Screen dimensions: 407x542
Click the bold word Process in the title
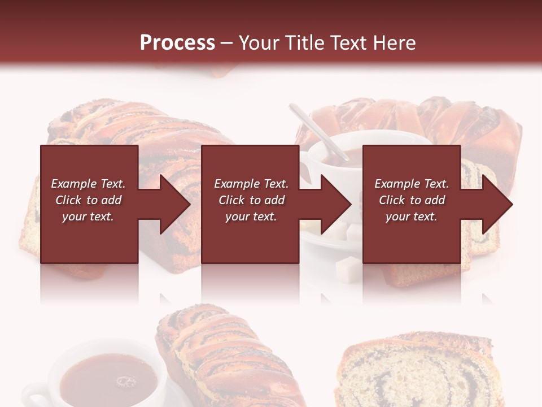coord(177,43)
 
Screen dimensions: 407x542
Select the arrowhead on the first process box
coord(175,204)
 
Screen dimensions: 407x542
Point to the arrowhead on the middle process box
coord(336,204)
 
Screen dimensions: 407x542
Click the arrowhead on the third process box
coord(497,204)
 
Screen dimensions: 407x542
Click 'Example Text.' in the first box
coord(88,184)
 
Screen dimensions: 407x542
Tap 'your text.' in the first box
coord(88,217)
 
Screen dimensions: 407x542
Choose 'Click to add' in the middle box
coord(251,200)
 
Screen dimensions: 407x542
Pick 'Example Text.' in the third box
coord(412,184)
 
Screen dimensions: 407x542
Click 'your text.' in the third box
coord(412,217)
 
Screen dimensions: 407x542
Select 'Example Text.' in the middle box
coord(251,184)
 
